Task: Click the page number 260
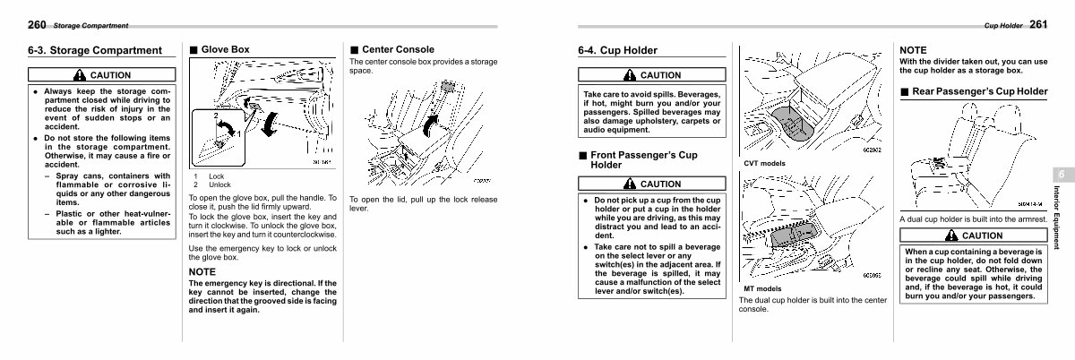pos(37,24)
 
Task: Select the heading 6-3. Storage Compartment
pos(95,51)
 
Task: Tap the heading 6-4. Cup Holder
pos(617,51)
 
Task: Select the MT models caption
pos(762,288)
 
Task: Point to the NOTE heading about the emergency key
pos(203,270)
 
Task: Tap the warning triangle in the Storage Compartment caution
pos(80,75)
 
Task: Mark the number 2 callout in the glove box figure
pos(214,117)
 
